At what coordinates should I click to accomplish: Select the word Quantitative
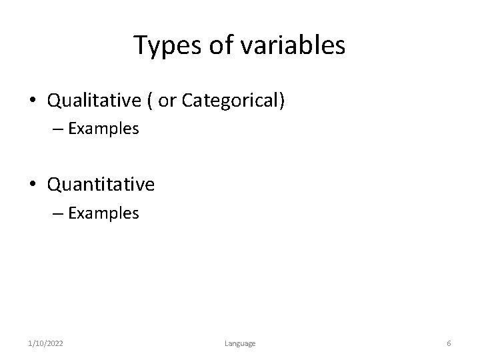click(101, 184)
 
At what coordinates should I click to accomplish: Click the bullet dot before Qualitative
click(33, 101)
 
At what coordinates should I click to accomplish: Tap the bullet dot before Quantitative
click(33, 185)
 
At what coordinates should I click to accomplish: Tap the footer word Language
click(239, 343)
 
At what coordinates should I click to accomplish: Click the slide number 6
click(449, 343)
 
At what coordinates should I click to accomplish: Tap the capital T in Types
click(140, 45)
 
